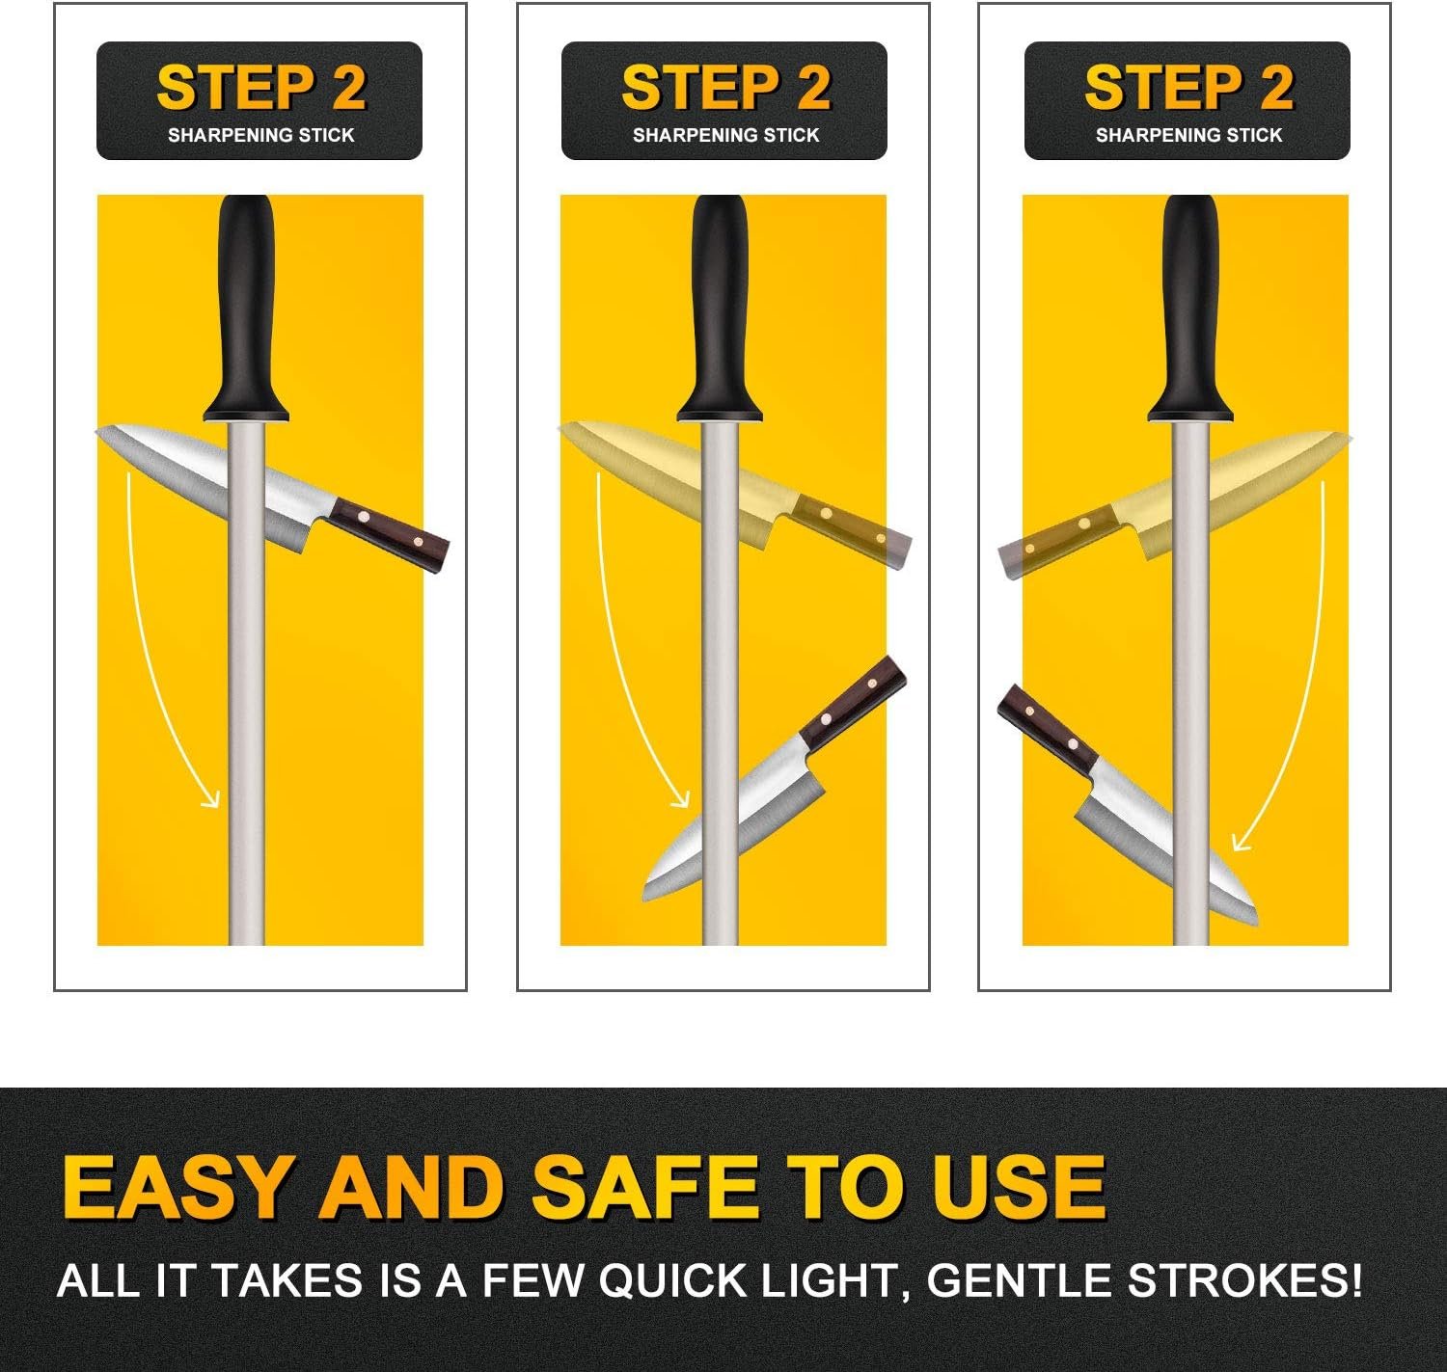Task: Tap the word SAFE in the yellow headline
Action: pyautogui.click(x=644, y=1187)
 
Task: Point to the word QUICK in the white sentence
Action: pyautogui.click(x=672, y=1280)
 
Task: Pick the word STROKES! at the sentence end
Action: pyautogui.click(x=1244, y=1280)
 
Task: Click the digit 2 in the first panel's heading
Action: pyautogui.click(x=348, y=88)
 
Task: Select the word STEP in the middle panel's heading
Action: pyautogui.click(x=699, y=88)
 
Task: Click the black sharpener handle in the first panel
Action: pyautogui.click(x=246, y=309)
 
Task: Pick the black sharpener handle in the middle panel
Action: pyautogui.click(x=720, y=309)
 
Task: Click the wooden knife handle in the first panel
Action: pyautogui.click(x=389, y=535)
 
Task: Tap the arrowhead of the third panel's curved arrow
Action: pyautogui.click(x=1242, y=840)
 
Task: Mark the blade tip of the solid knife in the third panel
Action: pyautogui.click(x=1256, y=925)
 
